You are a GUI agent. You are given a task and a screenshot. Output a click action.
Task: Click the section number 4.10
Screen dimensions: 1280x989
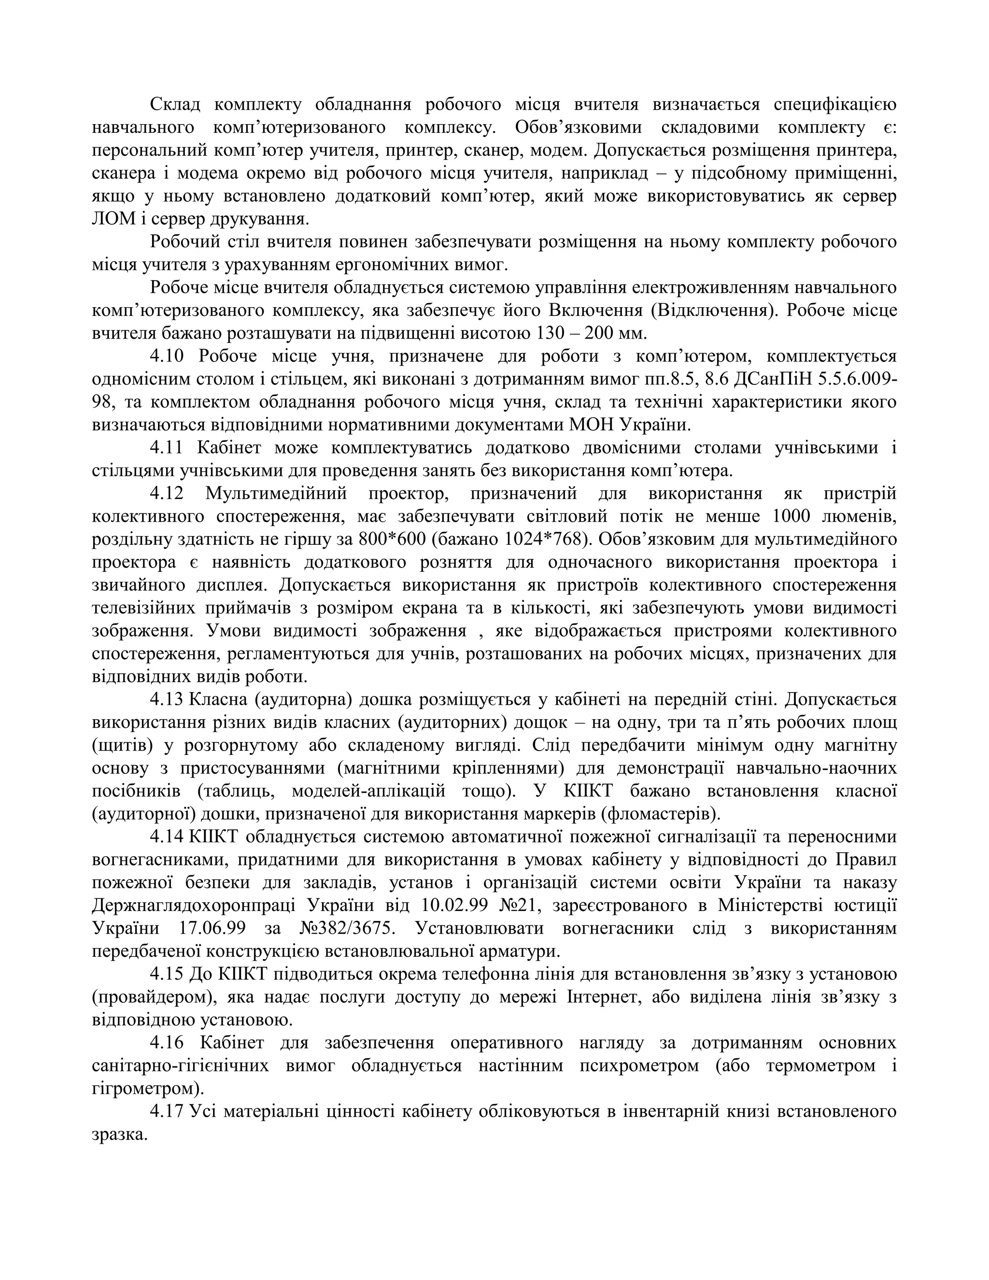(167, 356)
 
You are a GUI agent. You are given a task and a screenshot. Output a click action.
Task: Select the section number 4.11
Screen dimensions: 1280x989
(167, 448)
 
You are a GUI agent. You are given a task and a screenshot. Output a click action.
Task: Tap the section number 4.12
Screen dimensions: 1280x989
(167, 494)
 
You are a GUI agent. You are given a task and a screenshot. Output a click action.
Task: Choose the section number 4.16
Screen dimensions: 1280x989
(167, 1043)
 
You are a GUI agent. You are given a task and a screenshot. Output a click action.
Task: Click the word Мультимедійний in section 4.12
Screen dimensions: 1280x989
(276, 494)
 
